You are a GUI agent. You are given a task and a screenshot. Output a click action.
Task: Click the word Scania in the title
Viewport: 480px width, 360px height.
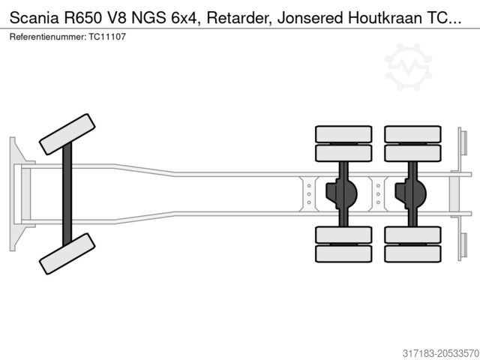(34, 18)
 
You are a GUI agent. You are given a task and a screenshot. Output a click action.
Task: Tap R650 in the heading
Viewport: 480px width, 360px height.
(91, 18)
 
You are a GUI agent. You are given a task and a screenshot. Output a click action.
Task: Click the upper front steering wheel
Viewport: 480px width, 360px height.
(67, 134)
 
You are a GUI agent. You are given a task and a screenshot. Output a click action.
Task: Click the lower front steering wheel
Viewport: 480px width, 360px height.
(67, 253)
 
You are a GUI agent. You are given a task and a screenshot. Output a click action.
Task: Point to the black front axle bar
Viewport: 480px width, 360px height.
(67, 193)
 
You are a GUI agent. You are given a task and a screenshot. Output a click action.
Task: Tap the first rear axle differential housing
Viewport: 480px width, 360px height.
(340, 193)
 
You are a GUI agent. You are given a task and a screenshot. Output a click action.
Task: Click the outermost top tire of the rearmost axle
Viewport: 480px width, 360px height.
(412, 134)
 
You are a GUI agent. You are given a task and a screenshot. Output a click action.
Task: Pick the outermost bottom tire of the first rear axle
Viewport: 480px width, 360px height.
(343, 253)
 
